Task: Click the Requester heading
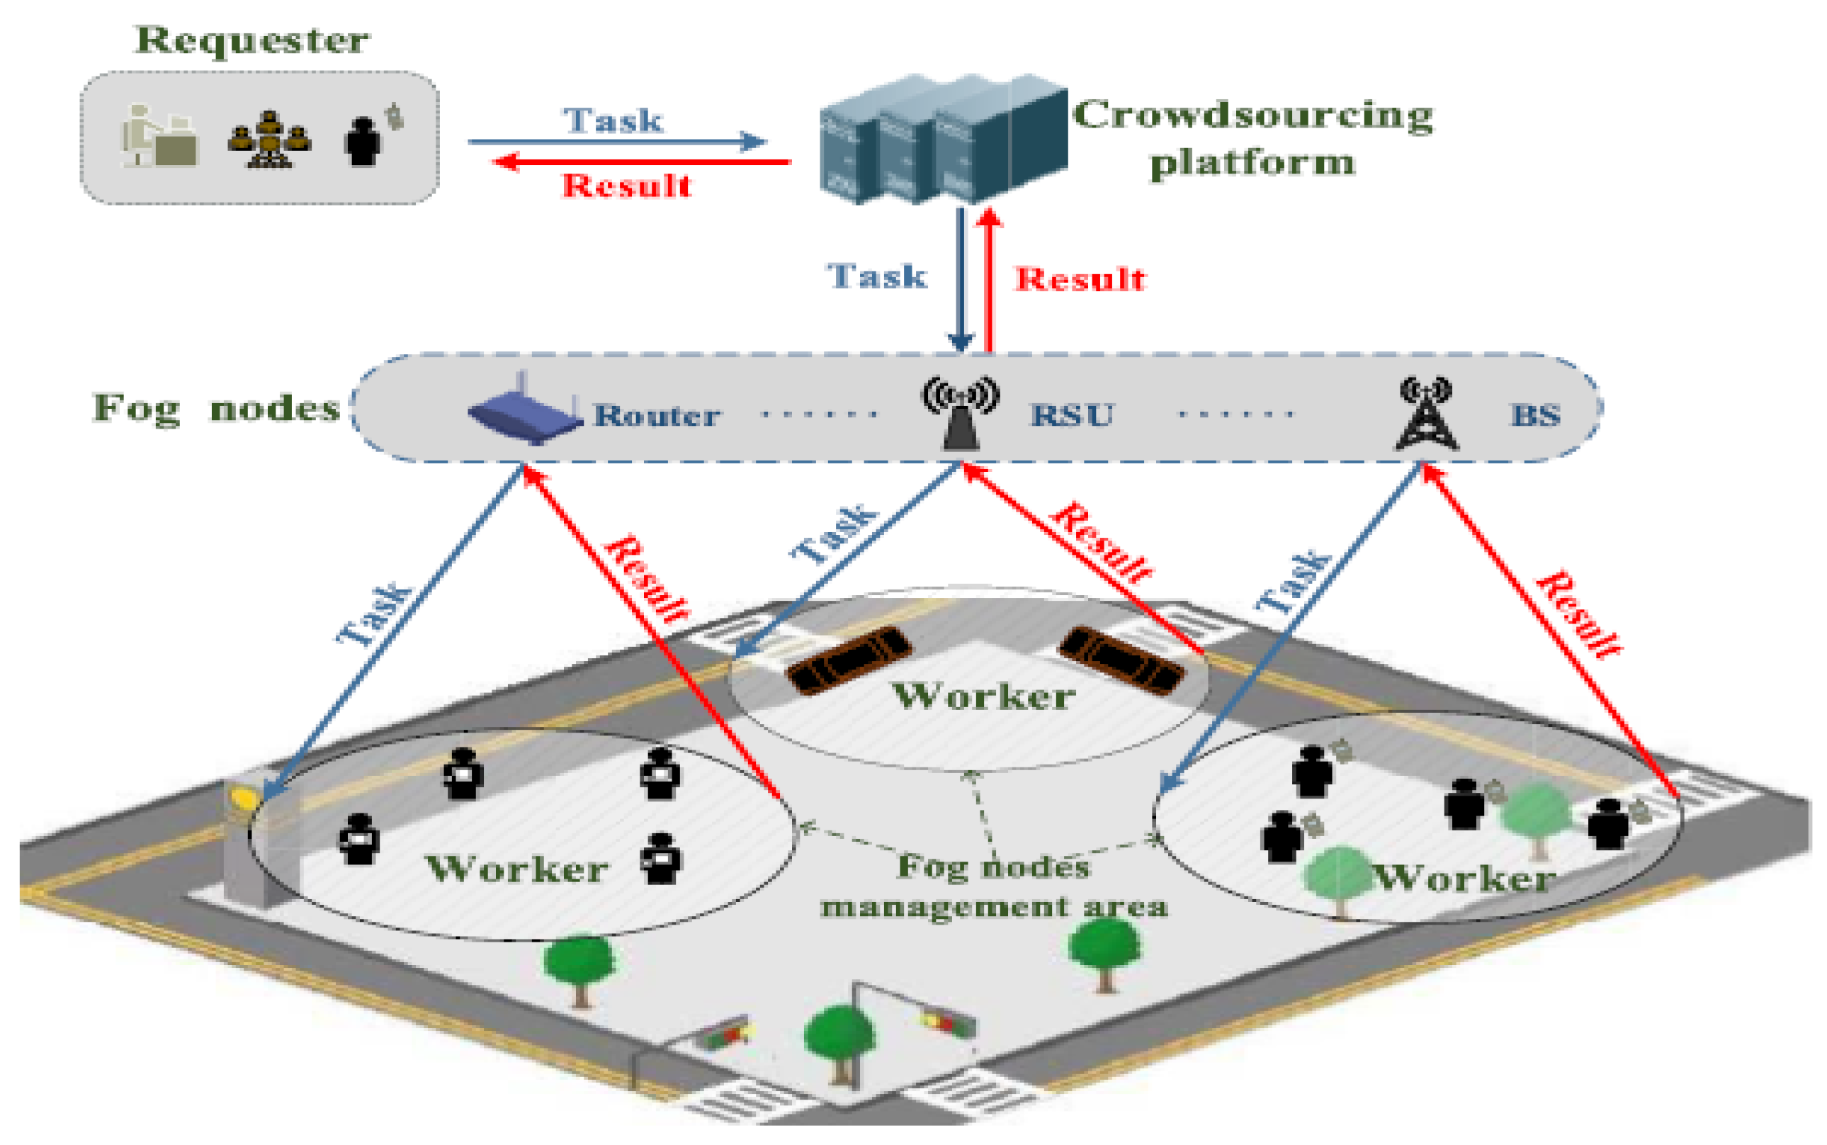(251, 40)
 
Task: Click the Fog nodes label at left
(216, 409)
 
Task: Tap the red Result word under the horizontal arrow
(626, 186)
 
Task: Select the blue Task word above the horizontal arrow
(613, 120)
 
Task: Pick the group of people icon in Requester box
(269, 140)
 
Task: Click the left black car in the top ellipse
(849, 660)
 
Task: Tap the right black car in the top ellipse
(1122, 660)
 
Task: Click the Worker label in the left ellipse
(516, 869)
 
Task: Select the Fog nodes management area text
(993, 886)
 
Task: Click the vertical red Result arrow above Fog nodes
(989, 280)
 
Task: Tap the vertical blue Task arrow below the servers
(961, 280)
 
